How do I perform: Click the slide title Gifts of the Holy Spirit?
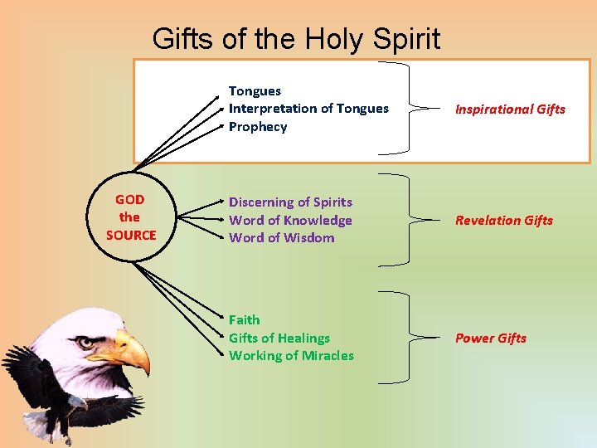(296, 38)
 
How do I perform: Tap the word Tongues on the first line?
(255, 91)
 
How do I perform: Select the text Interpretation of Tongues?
(308, 109)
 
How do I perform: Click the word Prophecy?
(258, 127)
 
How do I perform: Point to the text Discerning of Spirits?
(290, 202)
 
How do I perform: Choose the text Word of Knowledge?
(290, 221)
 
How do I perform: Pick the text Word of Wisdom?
(281, 238)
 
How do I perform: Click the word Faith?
(244, 320)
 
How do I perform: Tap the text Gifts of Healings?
(279, 338)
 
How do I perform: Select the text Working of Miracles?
(291, 356)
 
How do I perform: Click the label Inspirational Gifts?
(510, 110)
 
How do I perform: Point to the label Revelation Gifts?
(503, 221)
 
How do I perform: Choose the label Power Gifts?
(490, 338)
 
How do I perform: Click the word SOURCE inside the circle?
(131, 235)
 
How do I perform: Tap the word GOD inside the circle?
(129, 200)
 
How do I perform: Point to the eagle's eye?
(86, 341)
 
